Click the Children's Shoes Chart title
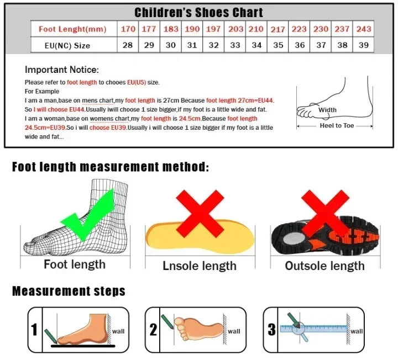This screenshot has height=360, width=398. click(x=198, y=12)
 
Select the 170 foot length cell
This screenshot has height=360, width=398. click(x=128, y=29)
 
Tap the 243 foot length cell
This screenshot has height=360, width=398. click(x=363, y=29)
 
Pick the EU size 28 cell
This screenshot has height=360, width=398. click(x=128, y=45)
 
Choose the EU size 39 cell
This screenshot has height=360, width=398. click(x=363, y=45)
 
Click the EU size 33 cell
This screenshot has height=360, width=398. click(x=235, y=45)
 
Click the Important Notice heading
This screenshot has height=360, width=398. click(x=62, y=70)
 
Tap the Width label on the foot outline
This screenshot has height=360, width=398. click(x=328, y=110)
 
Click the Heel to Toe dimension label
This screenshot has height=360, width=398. click(x=337, y=126)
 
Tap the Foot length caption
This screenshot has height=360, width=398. click(x=75, y=264)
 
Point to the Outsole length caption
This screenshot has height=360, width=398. click(x=324, y=266)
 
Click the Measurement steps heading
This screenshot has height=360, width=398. click(x=69, y=291)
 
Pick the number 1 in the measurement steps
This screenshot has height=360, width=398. click(x=34, y=330)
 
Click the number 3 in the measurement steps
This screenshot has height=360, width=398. click(x=271, y=330)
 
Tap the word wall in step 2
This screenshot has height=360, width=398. click(x=234, y=331)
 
